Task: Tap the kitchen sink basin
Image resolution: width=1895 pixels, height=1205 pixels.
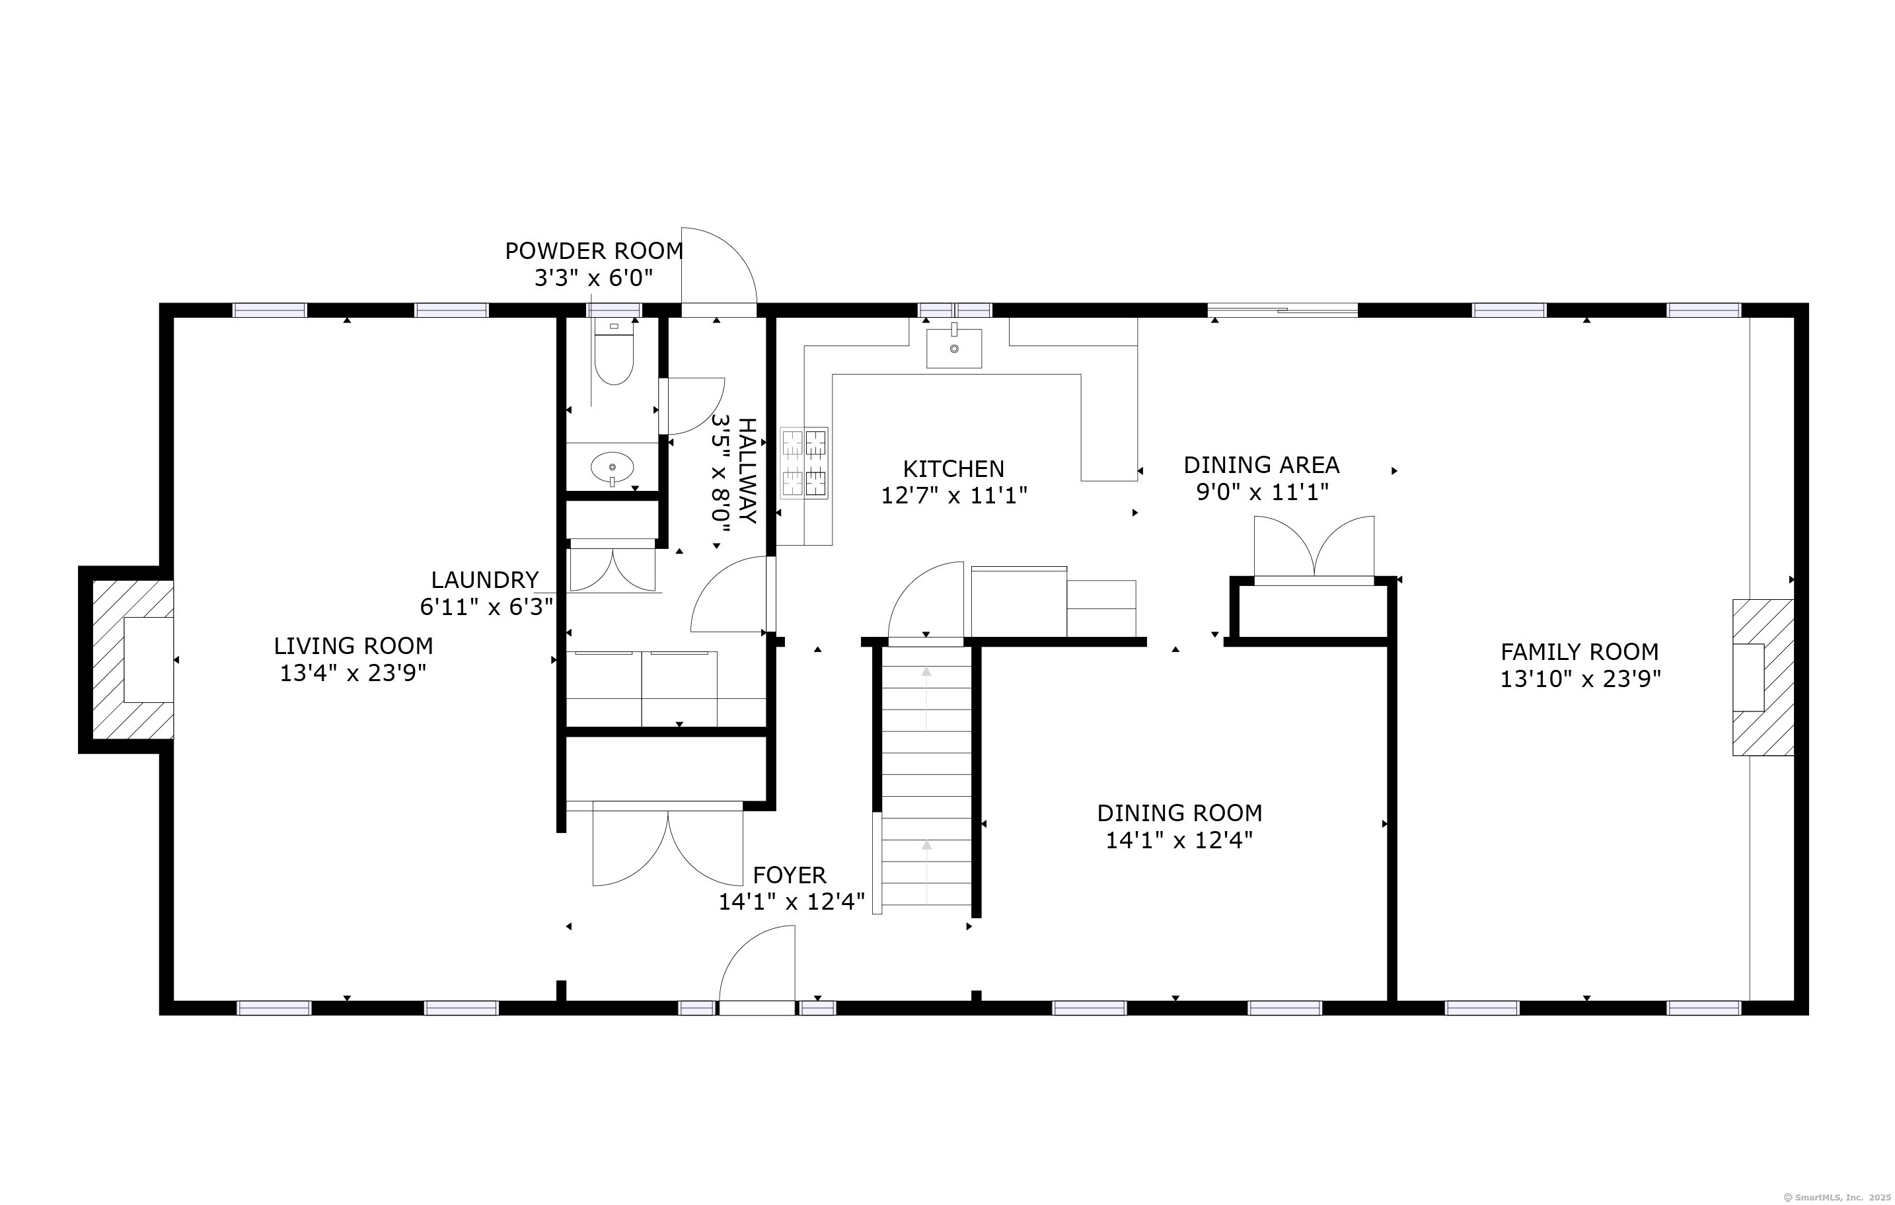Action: click(x=954, y=349)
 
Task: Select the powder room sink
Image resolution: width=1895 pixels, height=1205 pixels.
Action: click(x=613, y=468)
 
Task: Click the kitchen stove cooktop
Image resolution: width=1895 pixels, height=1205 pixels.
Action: click(x=804, y=463)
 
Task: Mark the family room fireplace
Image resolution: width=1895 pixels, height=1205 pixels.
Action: click(x=1763, y=678)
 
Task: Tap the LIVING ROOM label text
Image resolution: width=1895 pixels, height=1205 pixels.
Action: click(x=353, y=646)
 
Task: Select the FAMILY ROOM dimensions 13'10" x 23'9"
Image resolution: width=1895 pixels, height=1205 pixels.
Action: click(x=1580, y=679)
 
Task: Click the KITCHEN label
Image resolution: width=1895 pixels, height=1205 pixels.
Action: click(x=954, y=469)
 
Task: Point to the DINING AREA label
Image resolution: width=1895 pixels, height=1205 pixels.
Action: click(x=1261, y=465)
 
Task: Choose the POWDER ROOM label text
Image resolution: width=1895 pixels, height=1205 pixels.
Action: click(x=594, y=251)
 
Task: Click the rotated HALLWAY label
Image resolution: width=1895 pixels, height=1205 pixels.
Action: click(x=747, y=470)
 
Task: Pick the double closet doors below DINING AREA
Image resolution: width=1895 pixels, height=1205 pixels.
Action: click(x=1314, y=548)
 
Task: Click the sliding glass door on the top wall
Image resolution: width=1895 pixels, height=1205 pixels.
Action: click(x=1282, y=310)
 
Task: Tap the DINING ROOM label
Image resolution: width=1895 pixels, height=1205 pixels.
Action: click(x=1179, y=813)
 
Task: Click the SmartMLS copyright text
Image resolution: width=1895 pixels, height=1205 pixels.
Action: click(x=1834, y=1197)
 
